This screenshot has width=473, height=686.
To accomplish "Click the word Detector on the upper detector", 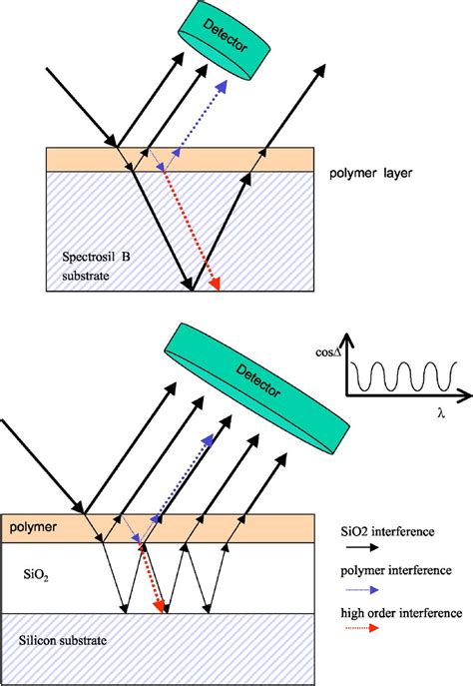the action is pos(226,37).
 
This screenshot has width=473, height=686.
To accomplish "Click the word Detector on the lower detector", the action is pos(257,381).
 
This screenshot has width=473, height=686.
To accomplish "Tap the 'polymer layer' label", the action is pos(370,174).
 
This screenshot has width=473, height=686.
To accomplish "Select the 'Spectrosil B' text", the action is pos(96,257).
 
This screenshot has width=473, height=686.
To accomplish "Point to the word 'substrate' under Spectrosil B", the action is pos(86,276).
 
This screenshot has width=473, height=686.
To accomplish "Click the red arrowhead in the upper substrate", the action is pos(215,284).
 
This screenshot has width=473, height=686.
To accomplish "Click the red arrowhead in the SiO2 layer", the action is pos(159,606).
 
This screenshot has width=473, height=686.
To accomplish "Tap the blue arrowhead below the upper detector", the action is pos(222,86).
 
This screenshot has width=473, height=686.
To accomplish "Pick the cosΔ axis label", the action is pos(328,352).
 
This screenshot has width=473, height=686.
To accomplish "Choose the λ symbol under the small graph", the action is pos(441,413).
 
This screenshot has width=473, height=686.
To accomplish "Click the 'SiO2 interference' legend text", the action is pos(388,531).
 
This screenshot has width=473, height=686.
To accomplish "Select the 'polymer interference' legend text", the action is pos(396,570).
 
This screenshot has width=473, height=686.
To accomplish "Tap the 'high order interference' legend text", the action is pos(401,613).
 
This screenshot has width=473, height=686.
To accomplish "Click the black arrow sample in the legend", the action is pos(362,547).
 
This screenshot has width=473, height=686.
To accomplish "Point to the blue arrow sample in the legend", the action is pos(362,590).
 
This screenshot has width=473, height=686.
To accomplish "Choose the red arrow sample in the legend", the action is pos(362,628).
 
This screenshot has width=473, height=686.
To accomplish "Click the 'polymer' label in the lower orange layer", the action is pos(33,527).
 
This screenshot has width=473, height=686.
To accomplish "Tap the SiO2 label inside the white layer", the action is pos(36,574).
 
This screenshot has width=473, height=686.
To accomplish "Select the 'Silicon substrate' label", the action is pos(63,640).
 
